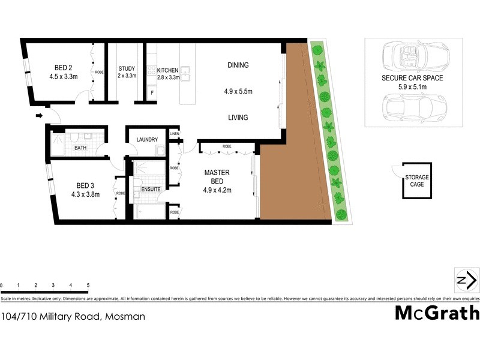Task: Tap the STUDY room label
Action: (x=127, y=68)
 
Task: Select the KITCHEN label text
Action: (x=168, y=70)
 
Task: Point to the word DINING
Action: (x=238, y=65)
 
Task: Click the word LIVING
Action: (x=238, y=118)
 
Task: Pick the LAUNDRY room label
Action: (x=147, y=140)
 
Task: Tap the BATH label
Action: (x=80, y=148)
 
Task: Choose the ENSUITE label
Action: (x=151, y=189)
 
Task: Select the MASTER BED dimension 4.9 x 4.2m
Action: (x=218, y=190)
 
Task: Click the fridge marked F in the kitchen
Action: (x=152, y=94)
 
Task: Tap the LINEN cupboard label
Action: (x=175, y=133)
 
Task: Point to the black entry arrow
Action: (x=40, y=115)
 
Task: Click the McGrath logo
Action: (x=437, y=313)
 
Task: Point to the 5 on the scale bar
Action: (x=88, y=286)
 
